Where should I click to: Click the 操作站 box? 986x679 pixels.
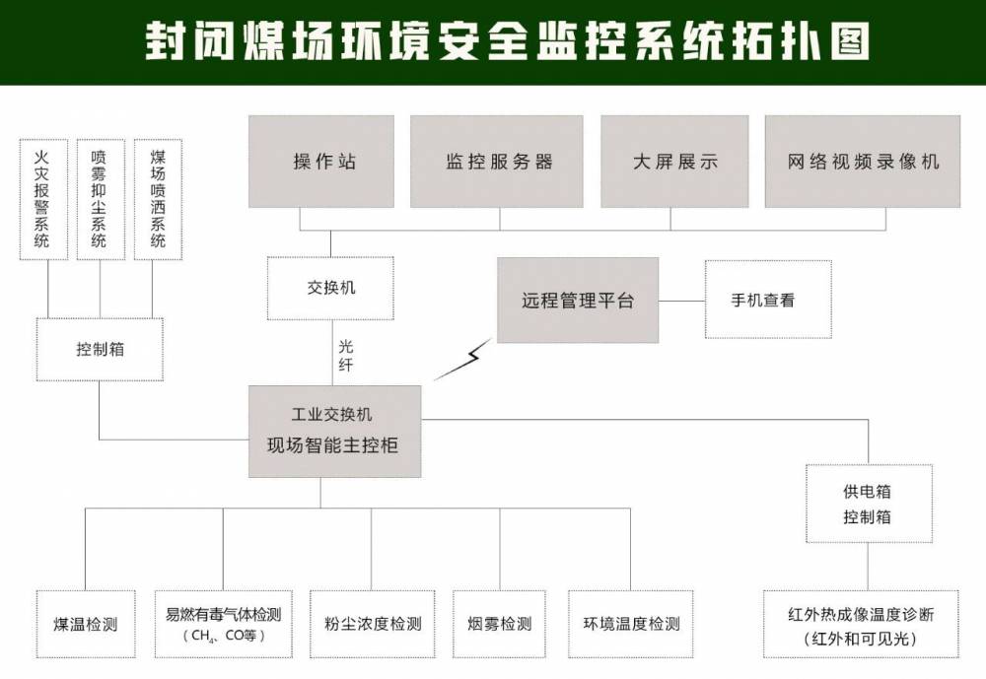tap(320, 162)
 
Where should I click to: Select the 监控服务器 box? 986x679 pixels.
tap(499, 162)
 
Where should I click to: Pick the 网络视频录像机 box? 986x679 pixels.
tap(863, 162)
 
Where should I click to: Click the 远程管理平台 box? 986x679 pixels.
tap(577, 301)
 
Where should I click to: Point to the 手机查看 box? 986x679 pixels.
tap(767, 300)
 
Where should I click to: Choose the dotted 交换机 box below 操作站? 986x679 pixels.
tap(330, 289)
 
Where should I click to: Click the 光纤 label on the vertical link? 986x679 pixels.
tap(345, 356)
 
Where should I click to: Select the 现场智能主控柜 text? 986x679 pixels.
tap(332, 445)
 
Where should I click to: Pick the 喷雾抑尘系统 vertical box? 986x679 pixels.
tap(100, 199)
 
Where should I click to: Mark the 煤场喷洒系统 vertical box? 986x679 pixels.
tap(158, 199)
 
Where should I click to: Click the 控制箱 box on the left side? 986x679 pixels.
tap(100, 349)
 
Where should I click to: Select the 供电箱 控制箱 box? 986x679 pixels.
tap(868, 504)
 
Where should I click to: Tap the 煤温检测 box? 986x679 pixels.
tap(86, 624)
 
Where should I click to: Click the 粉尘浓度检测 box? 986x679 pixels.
tap(373, 624)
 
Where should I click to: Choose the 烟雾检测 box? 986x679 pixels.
tap(499, 624)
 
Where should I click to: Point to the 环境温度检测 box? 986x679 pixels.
tap(631, 624)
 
